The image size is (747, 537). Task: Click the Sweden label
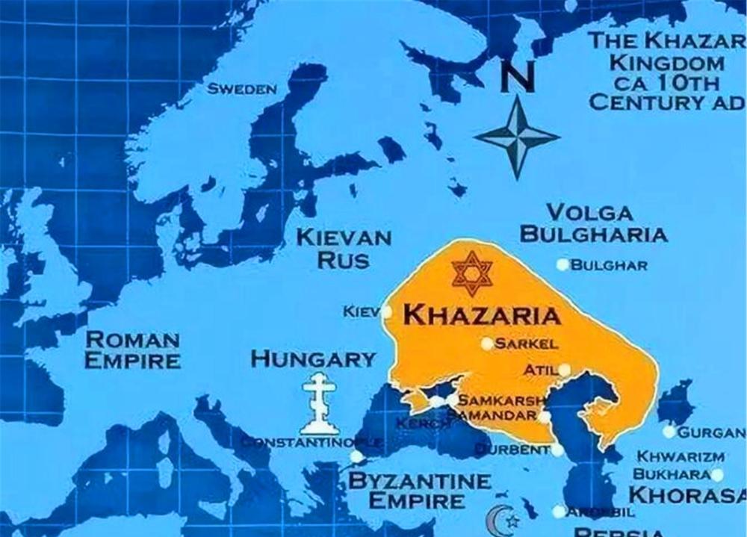tap(242, 89)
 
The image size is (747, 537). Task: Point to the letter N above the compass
tap(517, 77)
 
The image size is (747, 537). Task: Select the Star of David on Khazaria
tap(471, 273)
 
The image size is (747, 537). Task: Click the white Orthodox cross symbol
tap(319, 404)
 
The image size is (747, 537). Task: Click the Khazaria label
tap(482, 315)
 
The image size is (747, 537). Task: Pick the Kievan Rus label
tap(344, 249)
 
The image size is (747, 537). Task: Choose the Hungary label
tap(313, 358)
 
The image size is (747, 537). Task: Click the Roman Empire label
tap(133, 350)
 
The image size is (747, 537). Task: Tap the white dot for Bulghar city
tap(562, 264)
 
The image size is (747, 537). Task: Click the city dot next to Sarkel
tap(487, 344)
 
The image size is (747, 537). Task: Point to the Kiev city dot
tap(386, 311)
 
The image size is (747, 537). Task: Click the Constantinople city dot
tap(357, 456)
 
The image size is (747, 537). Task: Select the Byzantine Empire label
tap(421, 490)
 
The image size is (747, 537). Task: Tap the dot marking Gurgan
tap(669, 432)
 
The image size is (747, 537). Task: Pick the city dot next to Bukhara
tap(717, 474)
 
